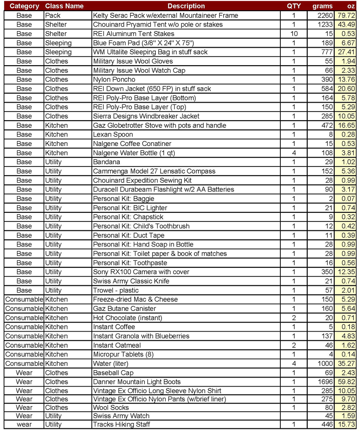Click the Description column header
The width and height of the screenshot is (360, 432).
(186, 6)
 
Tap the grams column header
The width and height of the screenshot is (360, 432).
(323, 6)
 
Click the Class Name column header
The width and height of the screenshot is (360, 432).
(64, 6)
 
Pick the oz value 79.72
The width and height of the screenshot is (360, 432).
(348, 15)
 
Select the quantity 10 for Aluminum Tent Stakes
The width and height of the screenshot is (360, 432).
(294, 34)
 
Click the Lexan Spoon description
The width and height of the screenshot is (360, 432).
(113, 134)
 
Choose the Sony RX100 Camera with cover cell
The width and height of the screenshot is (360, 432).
(141, 272)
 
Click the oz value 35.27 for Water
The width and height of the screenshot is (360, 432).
(348, 364)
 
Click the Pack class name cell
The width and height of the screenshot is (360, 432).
(53, 15)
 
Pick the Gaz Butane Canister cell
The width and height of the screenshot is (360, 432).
(124, 309)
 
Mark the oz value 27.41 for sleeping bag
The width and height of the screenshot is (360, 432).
(348, 52)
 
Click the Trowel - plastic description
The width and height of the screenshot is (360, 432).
(116, 290)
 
